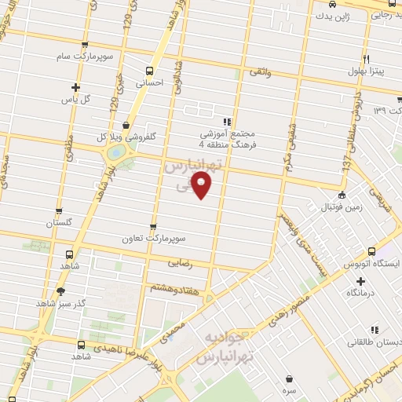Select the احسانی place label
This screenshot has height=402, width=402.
pyautogui.click(x=149, y=80)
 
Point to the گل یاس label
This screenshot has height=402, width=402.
pyautogui.click(x=76, y=100)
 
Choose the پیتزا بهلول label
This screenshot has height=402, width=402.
pyautogui.click(x=366, y=71)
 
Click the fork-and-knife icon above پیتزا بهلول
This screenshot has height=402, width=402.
pyautogui.click(x=366, y=59)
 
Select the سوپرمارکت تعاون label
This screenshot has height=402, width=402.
pyautogui.click(x=152, y=236)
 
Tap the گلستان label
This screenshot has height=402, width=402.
pyautogui.click(x=58, y=223)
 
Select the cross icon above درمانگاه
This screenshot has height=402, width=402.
pyautogui.click(x=360, y=280)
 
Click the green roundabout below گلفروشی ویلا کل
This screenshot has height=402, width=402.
pyautogui.click(x=115, y=154)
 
